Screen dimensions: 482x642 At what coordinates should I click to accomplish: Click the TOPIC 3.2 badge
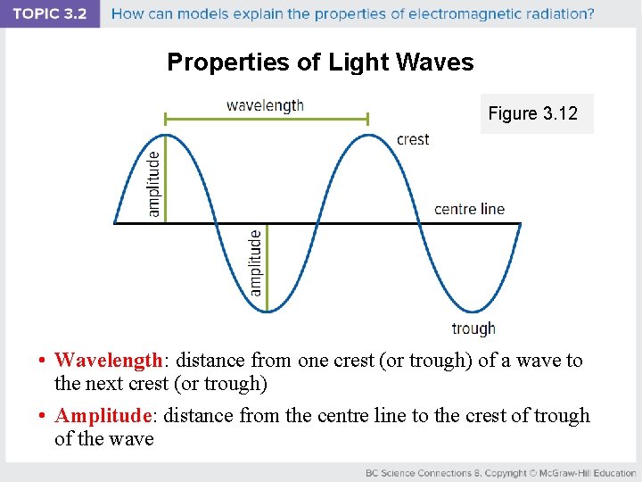pyautogui.click(x=50, y=14)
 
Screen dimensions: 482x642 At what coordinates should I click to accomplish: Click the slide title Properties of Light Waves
pyautogui.click(x=320, y=62)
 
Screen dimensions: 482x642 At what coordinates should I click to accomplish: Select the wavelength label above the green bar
pyautogui.click(x=265, y=105)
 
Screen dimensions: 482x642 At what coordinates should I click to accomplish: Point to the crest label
pyautogui.click(x=413, y=139)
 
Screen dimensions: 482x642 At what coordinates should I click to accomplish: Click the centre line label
pyautogui.click(x=469, y=209)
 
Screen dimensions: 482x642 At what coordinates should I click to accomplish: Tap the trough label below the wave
pyautogui.click(x=473, y=328)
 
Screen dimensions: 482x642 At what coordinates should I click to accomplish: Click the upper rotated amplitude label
pyautogui.click(x=154, y=183)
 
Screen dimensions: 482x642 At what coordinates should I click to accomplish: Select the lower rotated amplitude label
pyautogui.click(x=256, y=262)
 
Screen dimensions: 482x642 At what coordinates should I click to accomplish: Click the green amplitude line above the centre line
pyautogui.click(x=166, y=179)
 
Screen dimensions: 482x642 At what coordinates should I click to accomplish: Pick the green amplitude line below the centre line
pyautogui.click(x=267, y=267)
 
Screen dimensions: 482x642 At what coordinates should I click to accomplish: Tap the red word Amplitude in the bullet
pyautogui.click(x=103, y=416)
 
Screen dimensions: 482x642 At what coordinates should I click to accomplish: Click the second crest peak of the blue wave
pyautogui.click(x=368, y=136)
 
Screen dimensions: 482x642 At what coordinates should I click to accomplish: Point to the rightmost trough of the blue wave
pyautogui.click(x=470, y=311)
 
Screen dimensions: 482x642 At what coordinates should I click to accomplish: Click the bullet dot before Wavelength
pyautogui.click(x=42, y=361)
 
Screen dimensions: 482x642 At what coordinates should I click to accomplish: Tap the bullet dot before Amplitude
pyautogui.click(x=42, y=417)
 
